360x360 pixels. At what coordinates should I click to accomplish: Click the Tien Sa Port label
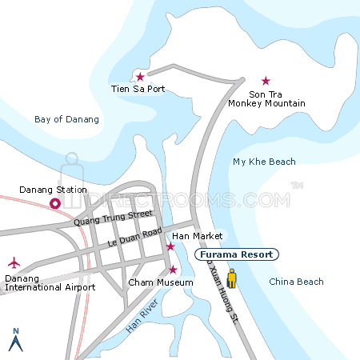138,89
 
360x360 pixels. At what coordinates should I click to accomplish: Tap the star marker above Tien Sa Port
140,77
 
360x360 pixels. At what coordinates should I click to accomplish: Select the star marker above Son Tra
266,81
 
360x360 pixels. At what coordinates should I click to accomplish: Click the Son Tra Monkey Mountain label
266,98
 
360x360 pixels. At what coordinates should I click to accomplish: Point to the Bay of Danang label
67,119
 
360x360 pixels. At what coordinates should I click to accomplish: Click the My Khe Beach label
264,162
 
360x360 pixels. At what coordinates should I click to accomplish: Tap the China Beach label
296,282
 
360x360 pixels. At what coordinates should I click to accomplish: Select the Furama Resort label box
237,254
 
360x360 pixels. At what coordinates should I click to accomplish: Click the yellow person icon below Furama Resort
231,278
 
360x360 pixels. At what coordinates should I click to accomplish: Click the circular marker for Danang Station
55,204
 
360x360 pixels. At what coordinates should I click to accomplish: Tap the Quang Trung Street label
112,218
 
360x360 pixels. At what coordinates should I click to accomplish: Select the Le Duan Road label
134,236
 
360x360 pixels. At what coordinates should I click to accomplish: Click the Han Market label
191,237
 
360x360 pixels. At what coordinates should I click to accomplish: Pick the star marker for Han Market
170,246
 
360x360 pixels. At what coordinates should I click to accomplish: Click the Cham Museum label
161,282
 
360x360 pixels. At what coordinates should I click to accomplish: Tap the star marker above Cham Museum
172,269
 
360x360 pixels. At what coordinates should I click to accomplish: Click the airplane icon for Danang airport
14,262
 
